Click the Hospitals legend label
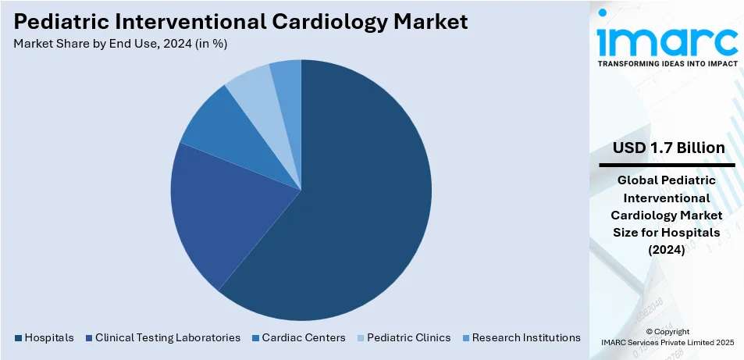click(x=49, y=338)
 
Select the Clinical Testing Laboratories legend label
click(x=168, y=338)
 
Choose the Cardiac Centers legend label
click(x=304, y=338)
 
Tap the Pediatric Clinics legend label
click(x=409, y=338)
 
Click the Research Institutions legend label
click(x=526, y=338)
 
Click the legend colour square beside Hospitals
click(x=19, y=338)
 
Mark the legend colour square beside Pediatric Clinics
click(x=361, y=338)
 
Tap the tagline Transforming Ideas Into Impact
click(x=667, y=64)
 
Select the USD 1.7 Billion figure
click(x=667, y=148)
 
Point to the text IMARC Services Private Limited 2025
click(x=667, y=342)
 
